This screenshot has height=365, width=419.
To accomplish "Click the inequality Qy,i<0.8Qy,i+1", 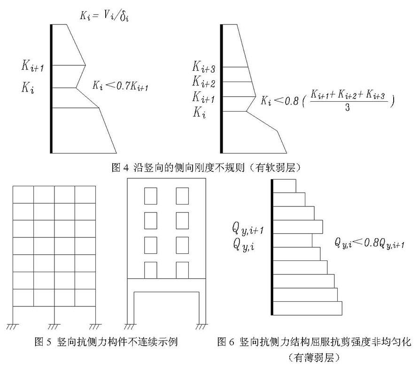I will click(x=370, y=243).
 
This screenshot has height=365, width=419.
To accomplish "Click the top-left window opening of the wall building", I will click(x=150, y=196).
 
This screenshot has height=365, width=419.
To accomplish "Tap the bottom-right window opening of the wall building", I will click(x=182, y=270).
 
